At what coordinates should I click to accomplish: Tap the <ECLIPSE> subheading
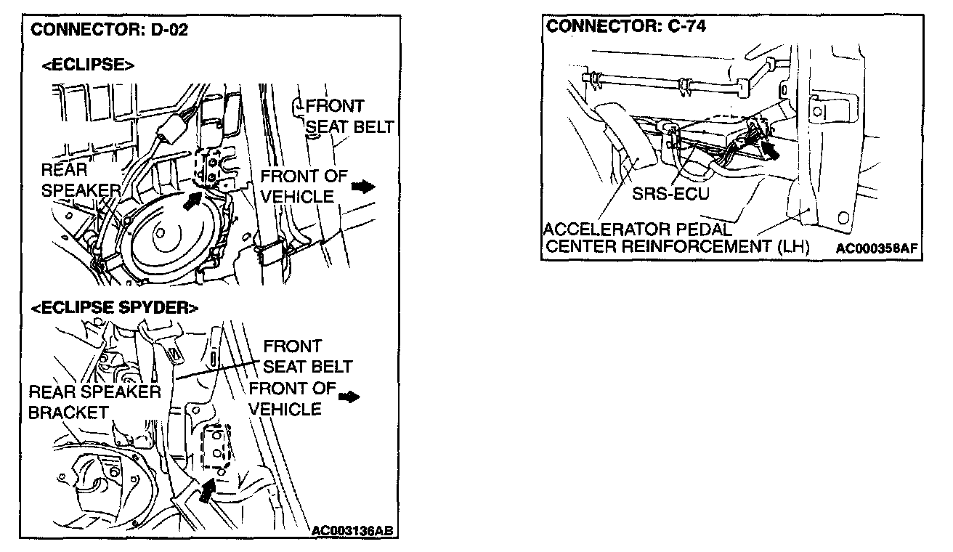tap(87, 65)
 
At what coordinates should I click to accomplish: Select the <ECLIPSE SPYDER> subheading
tap(114, 309)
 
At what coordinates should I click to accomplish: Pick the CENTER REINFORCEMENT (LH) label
tap(676, 247)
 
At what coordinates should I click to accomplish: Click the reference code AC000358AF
tap(877, 248)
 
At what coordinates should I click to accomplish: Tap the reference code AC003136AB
tap(352, 530)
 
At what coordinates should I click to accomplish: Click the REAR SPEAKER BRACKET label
tap(94, 402)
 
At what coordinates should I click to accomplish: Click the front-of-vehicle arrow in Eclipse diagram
tap(362, 187)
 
